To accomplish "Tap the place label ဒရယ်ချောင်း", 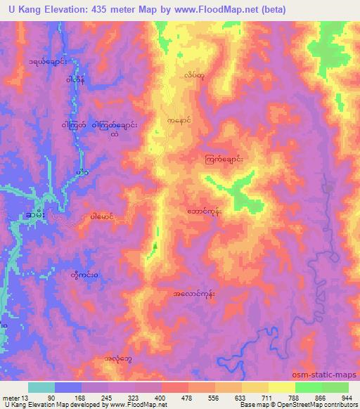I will click(x=48, y=62).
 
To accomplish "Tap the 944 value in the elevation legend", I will click(x=347, y=397).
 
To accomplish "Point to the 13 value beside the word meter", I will click(x=25, y=397).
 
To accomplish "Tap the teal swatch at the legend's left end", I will click(x=41, y=387).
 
